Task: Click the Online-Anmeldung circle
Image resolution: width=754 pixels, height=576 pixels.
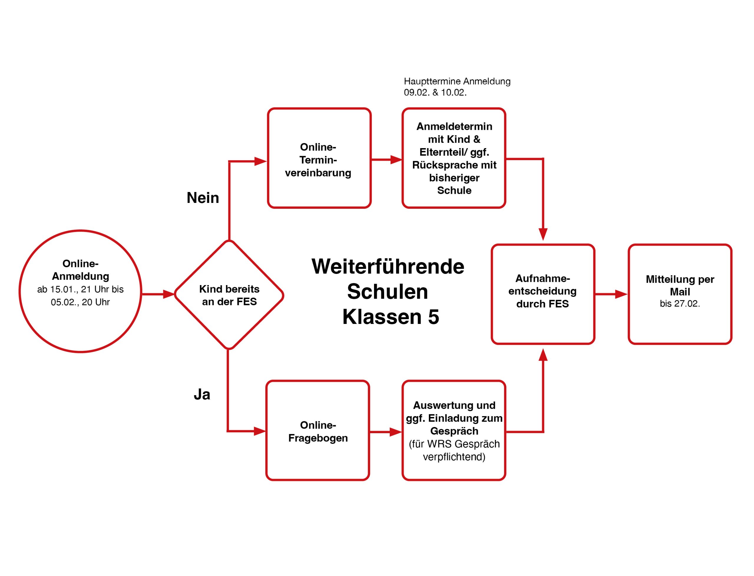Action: [80, 292]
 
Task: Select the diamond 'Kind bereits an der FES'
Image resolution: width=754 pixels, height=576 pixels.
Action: [229, 295]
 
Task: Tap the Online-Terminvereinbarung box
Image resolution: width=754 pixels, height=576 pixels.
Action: [319, 158]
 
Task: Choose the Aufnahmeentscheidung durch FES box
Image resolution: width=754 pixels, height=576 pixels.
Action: [543, 294]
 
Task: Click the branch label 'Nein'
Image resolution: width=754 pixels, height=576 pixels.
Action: [203, 198]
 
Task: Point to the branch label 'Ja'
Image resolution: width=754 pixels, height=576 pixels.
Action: [202, 394]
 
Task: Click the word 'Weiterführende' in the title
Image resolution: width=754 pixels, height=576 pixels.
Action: [388, 267]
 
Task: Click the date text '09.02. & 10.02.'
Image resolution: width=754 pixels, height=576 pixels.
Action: [435, 92]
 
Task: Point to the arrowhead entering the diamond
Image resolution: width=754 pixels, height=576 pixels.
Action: [169, 294]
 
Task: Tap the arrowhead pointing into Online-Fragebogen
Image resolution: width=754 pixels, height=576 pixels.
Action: [259, 431]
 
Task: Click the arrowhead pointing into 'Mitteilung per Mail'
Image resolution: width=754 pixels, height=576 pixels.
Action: [621, 294]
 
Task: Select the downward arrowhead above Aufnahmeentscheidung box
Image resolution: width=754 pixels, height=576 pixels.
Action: [543, 234]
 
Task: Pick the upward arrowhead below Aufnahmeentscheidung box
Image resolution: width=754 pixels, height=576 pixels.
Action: [543, 355]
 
